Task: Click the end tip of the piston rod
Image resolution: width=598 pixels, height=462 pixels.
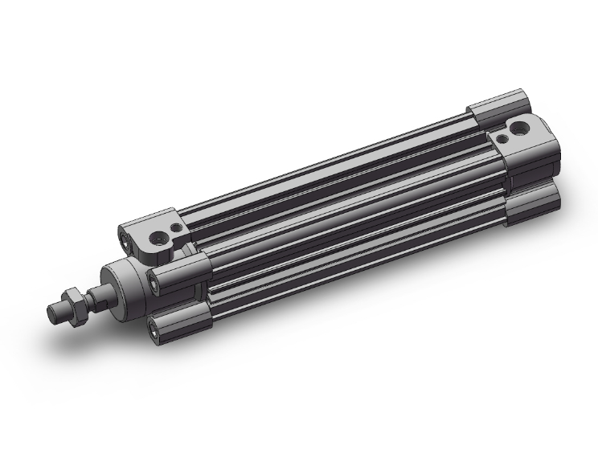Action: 54,310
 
